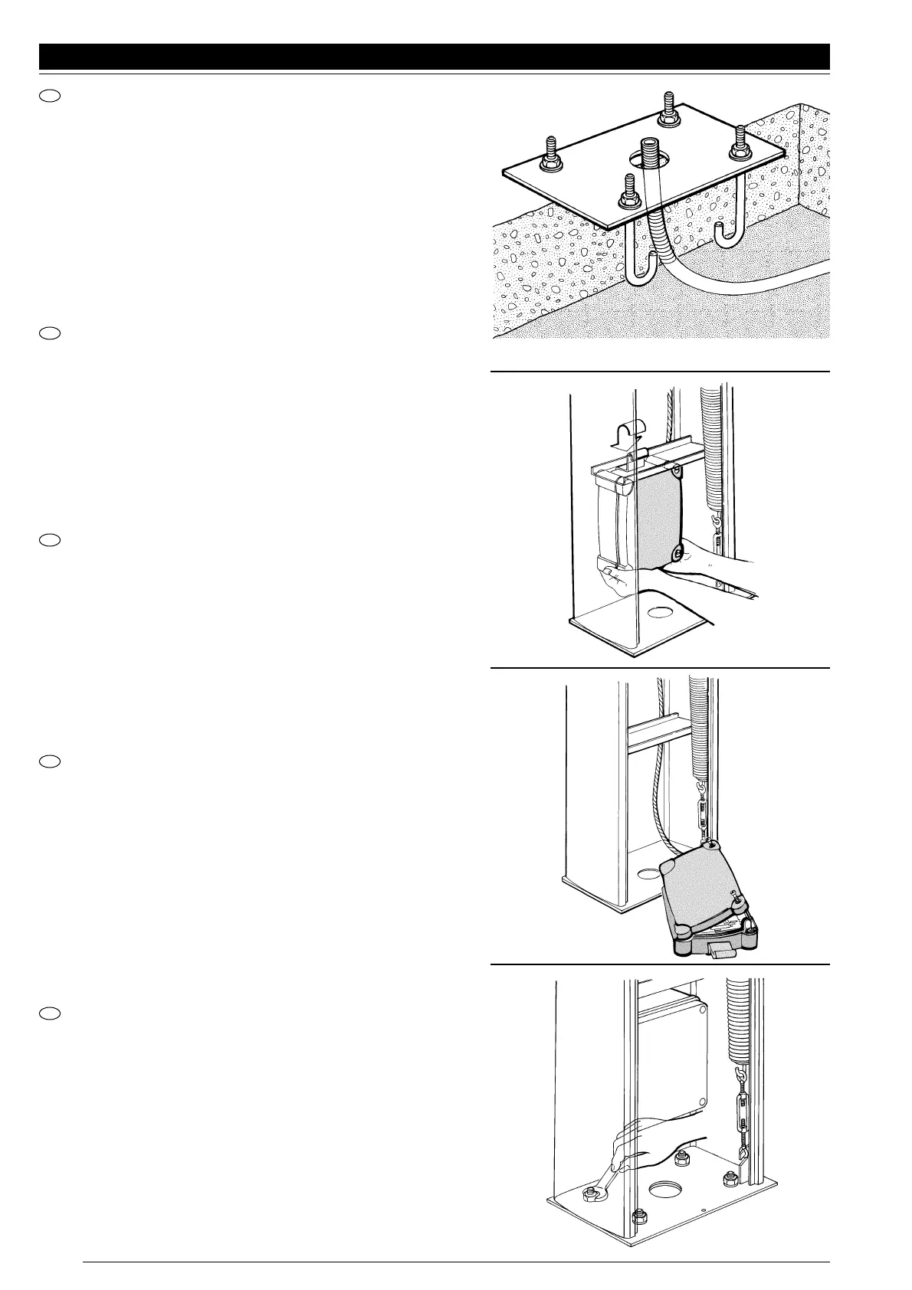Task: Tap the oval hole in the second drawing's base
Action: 657,613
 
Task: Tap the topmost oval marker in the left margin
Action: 49,96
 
